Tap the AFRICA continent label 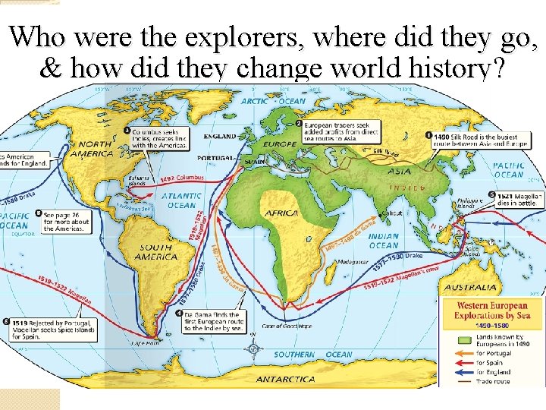click(x=281, y=213)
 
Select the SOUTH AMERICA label click(x=155, y=252)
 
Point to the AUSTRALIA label click(x=471, y=288)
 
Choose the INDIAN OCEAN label click(x=384, y=241)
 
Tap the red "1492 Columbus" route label click(x=182, y=179)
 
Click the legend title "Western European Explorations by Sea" click(x=491, y=310)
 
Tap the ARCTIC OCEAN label click(x=274, y=101)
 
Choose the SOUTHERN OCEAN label click(x=313, y=354)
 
